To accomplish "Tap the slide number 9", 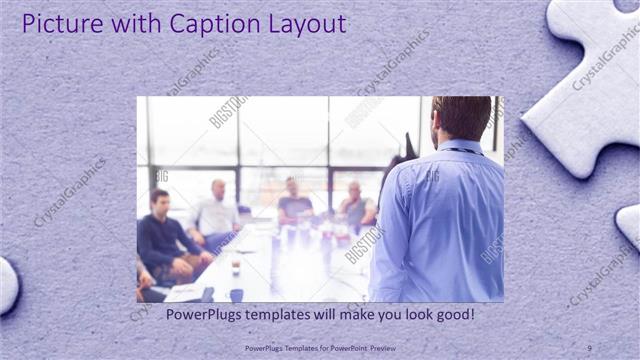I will [589, 347].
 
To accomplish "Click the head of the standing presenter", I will [461, 119].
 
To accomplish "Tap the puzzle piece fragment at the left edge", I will [7, 284].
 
